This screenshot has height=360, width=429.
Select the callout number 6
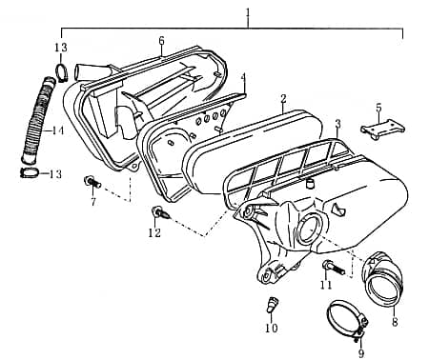tap(161, 41)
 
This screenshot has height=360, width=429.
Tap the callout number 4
tap(243, 77)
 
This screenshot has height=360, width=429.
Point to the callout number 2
tap(283, 99)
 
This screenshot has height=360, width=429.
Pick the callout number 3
tap(337, 124)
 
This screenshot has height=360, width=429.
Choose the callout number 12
tap(154, 233)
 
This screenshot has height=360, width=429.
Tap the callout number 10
tap(271, 329)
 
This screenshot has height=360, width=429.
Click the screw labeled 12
tap(158, 211)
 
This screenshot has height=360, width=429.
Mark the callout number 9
tap(360, 353)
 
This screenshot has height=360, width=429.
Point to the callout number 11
tap(325, 285)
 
